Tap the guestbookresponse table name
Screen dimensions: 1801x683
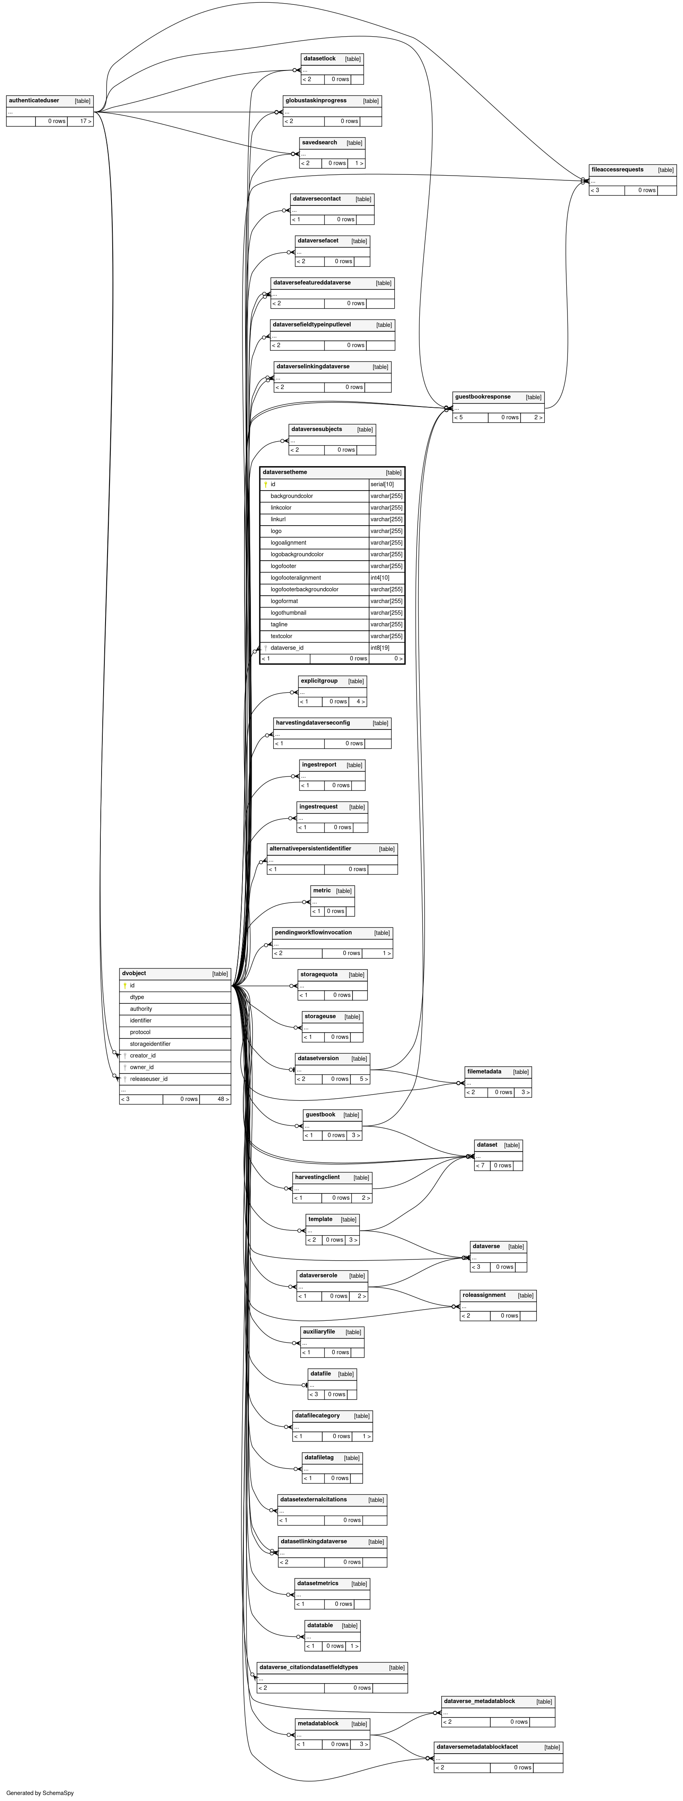click(482, 397)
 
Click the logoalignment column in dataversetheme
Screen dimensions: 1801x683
click(288, 543)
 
